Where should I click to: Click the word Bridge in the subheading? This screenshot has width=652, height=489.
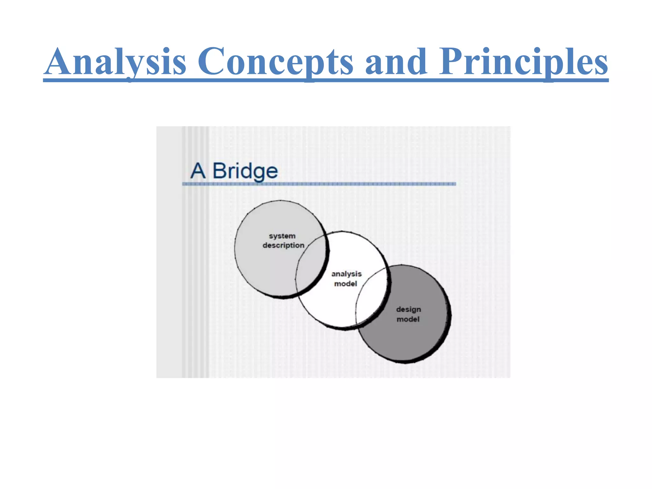coord(245,171)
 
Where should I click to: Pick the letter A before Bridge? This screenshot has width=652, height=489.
coord(198,171)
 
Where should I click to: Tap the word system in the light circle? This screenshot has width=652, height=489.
coord(282,236)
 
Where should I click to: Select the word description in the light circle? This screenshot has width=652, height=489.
coord(283,245)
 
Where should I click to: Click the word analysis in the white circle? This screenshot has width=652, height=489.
coord(346,274)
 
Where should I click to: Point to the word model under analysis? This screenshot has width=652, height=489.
coord(345,284)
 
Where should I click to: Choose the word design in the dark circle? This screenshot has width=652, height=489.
coord(408,309)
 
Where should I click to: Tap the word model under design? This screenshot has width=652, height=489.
coord(408,319)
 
